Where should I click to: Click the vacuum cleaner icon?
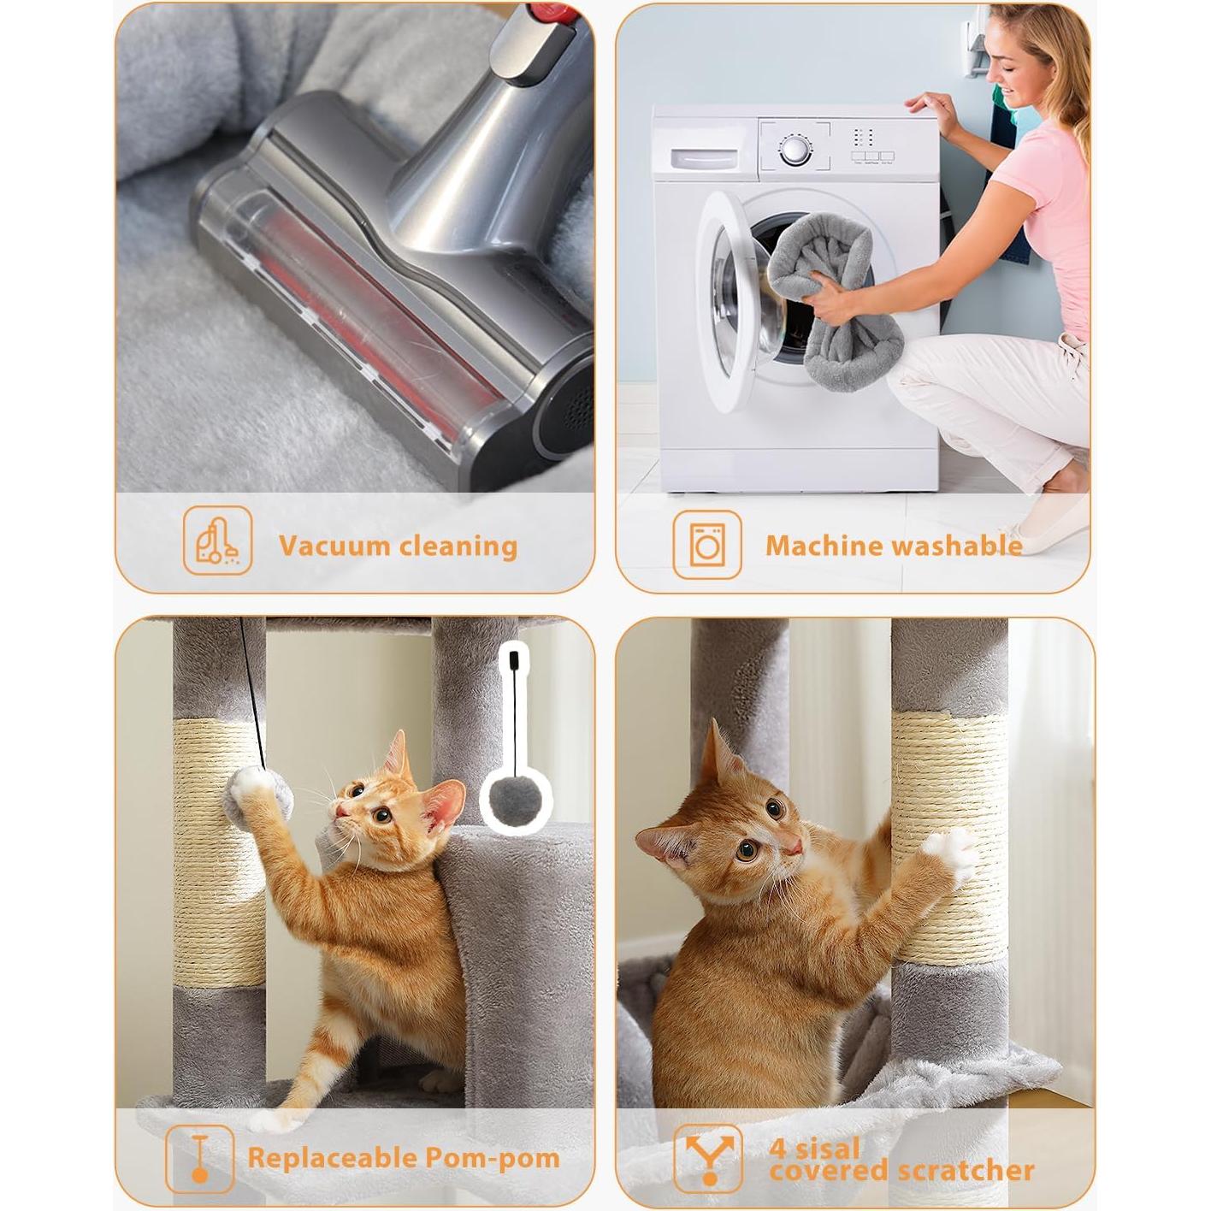tap(217, 540)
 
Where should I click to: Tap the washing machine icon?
tap(706, 544)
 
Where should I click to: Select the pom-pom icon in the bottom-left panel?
tap(199, 1158)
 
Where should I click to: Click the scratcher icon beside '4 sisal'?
tap(707, 1158)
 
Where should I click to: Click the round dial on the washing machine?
tap(795, 151)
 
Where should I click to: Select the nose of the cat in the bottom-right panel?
tap(795, 847)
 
